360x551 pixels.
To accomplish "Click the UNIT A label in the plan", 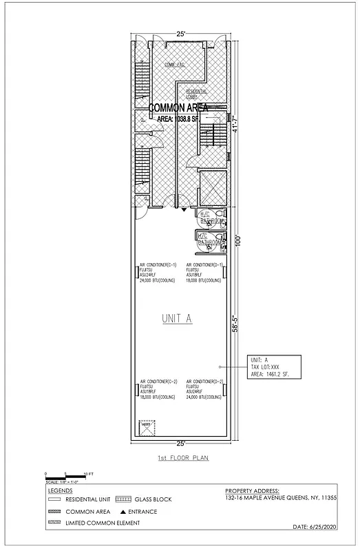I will point(177,318).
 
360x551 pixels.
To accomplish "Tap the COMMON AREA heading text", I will point(187,107).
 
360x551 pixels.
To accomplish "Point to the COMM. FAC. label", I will point(175,65).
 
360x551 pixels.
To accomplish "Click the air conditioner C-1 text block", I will point(158,273).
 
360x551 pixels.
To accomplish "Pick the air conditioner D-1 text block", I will point(205,273).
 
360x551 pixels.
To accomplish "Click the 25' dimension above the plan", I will point(180,33).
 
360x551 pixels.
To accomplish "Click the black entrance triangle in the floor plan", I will point(184,213).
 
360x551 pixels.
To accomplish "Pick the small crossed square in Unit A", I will point(145,427).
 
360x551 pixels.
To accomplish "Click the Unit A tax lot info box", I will point(273,368).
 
